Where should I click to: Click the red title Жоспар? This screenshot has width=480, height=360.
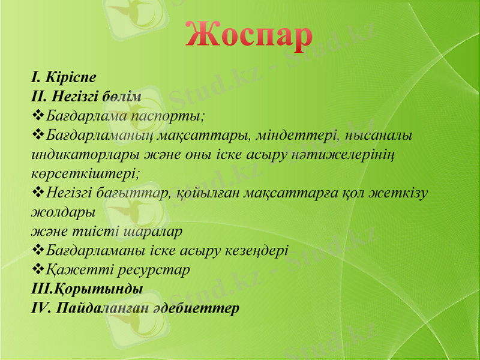click(248, 35)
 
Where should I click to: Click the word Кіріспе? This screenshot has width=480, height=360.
click(71, 77)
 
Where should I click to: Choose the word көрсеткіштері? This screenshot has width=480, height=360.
click(86, 173)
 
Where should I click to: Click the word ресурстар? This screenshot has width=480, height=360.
click(157, 269)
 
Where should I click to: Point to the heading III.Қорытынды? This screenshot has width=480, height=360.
click(87, 289)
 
